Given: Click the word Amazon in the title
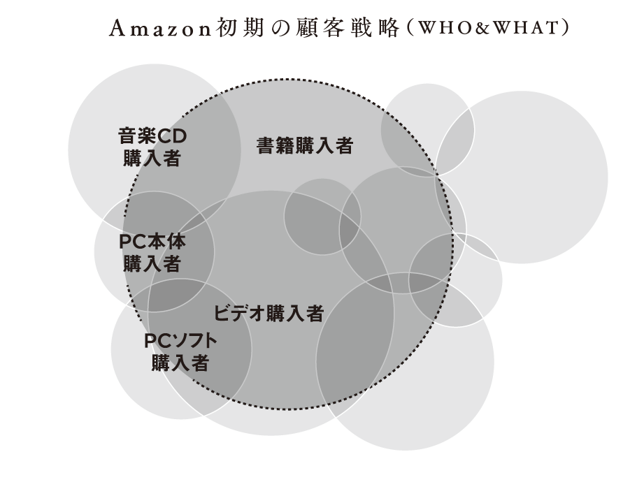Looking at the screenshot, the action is pyautogui.click(x=160, y=29).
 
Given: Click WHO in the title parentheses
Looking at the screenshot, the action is pyautogui.click(x=442, y=28).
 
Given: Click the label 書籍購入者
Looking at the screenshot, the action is pyautogui.click(x=305, y=146).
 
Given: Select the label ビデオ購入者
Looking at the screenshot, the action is pyautogui.click(x=269, y=313).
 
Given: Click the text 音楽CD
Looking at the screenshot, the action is pyautogui.click(x=152, y=136).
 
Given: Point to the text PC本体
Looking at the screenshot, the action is pyautogui.click(x=152, y=242).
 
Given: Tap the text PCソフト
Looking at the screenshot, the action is pyautogui.click(x=180, y=341).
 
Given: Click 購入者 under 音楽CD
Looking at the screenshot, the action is pyautogui.click(x=152, y=158).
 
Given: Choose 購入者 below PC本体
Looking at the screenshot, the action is pyautogui.click(x=152, y=263).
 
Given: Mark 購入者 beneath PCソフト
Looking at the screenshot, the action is pyautogui.click(x=180, y=363).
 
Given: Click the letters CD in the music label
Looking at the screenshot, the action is pyautogui.click(x=171, y=136).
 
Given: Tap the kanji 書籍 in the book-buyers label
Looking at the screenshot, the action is pyautogui.click(x=275, y=146).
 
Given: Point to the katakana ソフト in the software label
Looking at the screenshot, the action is pyautogui.click(x=194, y=341).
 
